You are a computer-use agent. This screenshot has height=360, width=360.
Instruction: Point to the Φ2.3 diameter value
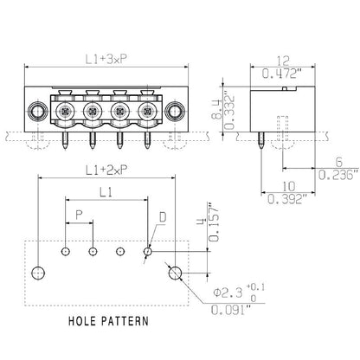tap(230, 292)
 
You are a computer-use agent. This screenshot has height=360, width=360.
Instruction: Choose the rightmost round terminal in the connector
tap(148, 111)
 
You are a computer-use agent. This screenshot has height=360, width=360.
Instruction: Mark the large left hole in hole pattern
tap(37, 273)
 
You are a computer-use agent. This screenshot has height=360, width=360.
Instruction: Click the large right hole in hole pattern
tap(175, 273)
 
